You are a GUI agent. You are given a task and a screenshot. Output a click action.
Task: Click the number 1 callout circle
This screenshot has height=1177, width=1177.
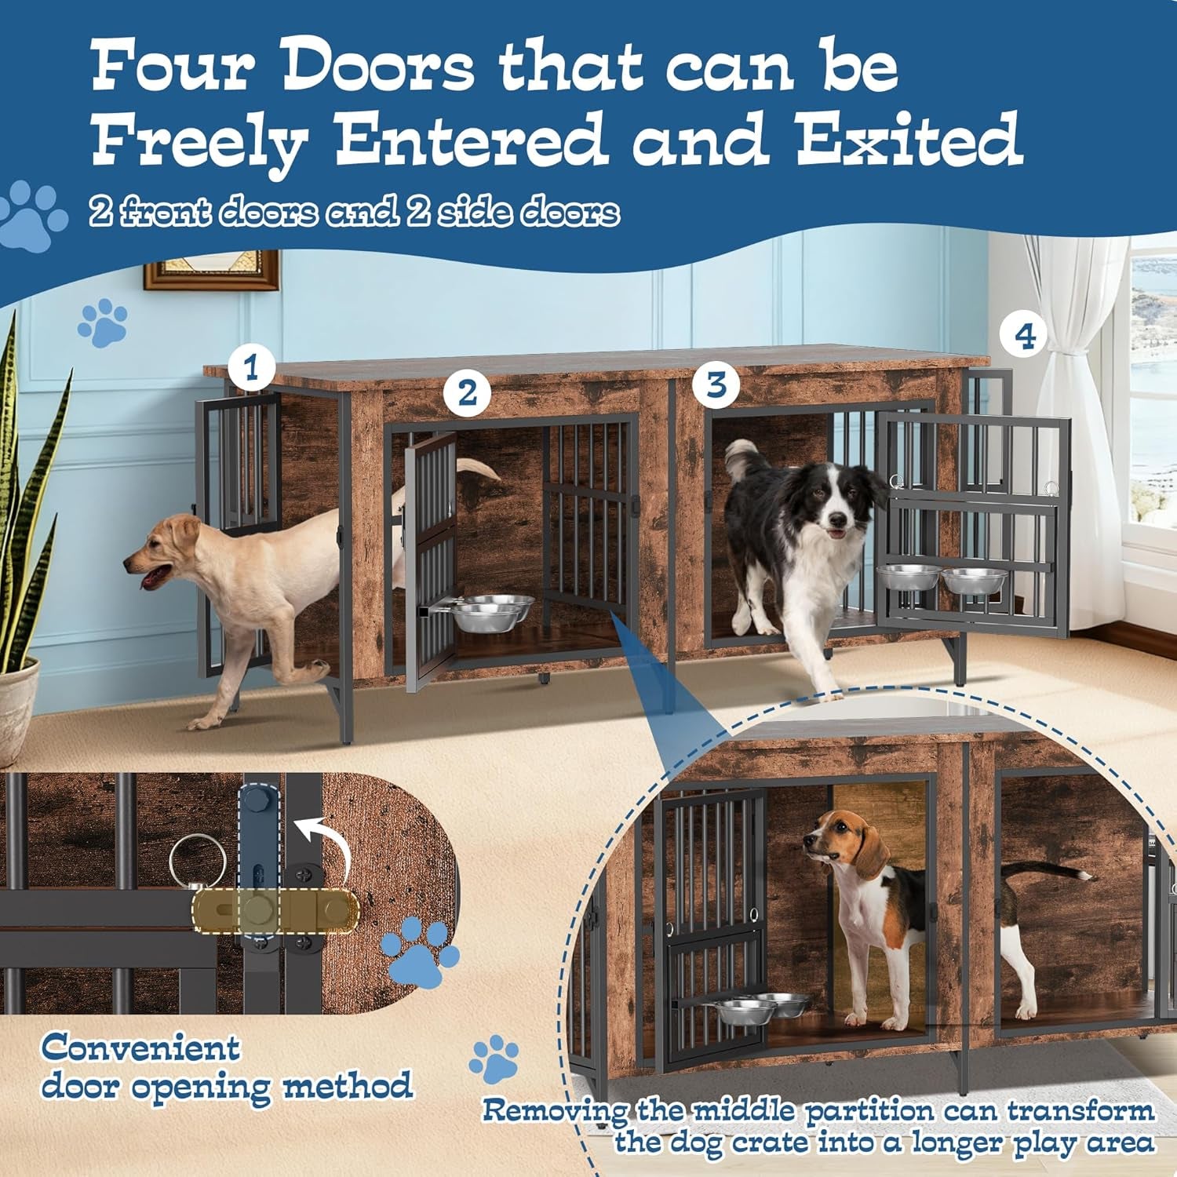(251, 367)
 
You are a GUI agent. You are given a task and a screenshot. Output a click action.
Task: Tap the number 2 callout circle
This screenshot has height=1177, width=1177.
(468, 393)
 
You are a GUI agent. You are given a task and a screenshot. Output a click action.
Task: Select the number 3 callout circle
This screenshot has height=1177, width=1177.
(716, 385)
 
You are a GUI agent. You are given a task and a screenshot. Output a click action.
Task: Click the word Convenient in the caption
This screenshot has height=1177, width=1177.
(140, 1048)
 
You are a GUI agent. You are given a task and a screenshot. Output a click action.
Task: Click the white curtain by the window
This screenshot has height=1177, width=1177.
(1075, 439)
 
